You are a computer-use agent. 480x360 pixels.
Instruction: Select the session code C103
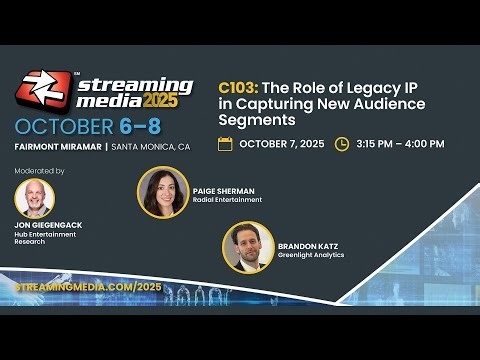click(x=239, y=88)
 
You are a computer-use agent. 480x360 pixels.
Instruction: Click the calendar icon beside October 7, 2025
click(x=225, y=144)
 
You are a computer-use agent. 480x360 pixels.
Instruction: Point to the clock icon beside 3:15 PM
click(x=342, y=144)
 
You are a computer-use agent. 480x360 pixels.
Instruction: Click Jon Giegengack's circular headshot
click(x=35, y=198)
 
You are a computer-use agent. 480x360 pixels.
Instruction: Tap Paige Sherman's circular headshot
click(x=159, y=191)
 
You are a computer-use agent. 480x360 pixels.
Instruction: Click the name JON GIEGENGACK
click(x=47, y=227)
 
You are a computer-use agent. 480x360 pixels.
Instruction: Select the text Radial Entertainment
click(x=227, y=200)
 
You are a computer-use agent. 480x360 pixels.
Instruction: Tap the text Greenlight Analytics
click(x=311, y=255)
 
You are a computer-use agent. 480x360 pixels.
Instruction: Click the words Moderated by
click(x=40, y=171)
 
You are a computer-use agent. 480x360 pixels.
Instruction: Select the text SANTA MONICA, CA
click(x=150, y=147)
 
